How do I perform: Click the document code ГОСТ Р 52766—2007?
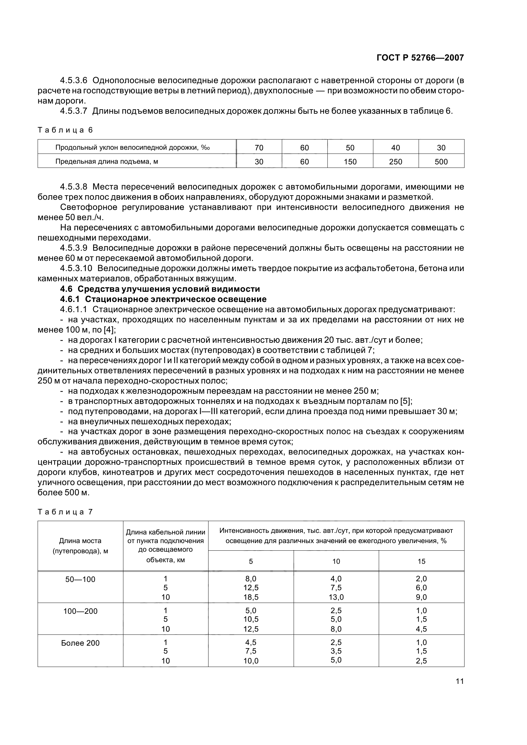point(420,58)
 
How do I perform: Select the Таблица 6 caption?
point(65,130)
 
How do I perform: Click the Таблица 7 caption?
point(65,512)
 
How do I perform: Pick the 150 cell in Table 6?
point(350,161)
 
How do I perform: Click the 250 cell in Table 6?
point(396,161)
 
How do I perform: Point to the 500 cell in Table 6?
point(441,161)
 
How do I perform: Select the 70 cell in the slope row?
point(259,148)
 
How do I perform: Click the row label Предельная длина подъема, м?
point(106,161)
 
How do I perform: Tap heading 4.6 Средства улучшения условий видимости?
point(160,289)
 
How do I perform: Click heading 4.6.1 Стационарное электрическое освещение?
point(163,299)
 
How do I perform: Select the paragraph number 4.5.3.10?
point(76,268)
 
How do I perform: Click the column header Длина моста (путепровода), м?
point(80,546)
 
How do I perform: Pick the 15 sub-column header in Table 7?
point(421,561)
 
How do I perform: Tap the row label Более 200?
point(80,643)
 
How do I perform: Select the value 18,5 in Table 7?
point(251,597)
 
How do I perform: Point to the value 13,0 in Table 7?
point(336,597)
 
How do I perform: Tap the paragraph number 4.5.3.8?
point(74,187)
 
